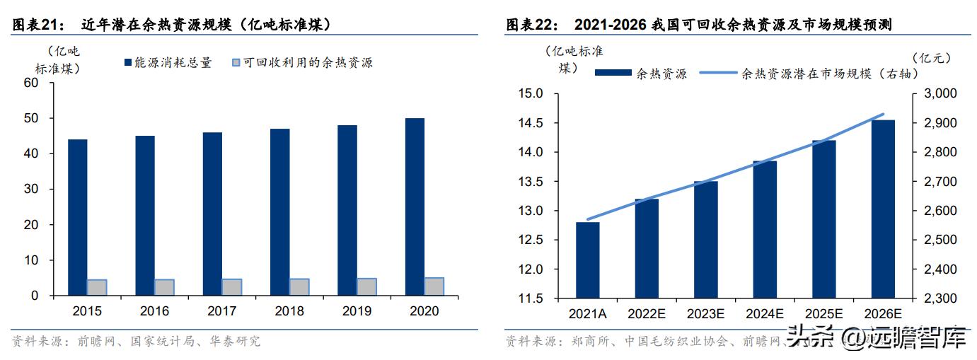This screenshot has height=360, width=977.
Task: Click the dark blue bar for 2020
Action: pos(415,207)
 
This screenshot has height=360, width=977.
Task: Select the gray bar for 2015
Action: pos(97,288)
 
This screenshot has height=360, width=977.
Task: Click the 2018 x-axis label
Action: pos(289,311)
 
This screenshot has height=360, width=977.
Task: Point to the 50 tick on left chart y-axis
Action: pos(31,118)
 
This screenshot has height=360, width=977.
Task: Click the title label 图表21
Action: pos(34,25)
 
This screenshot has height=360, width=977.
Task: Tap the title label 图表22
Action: pos(528,25)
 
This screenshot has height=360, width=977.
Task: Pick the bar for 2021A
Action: pos(588,260)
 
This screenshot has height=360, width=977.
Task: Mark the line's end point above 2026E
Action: pos(883,114)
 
